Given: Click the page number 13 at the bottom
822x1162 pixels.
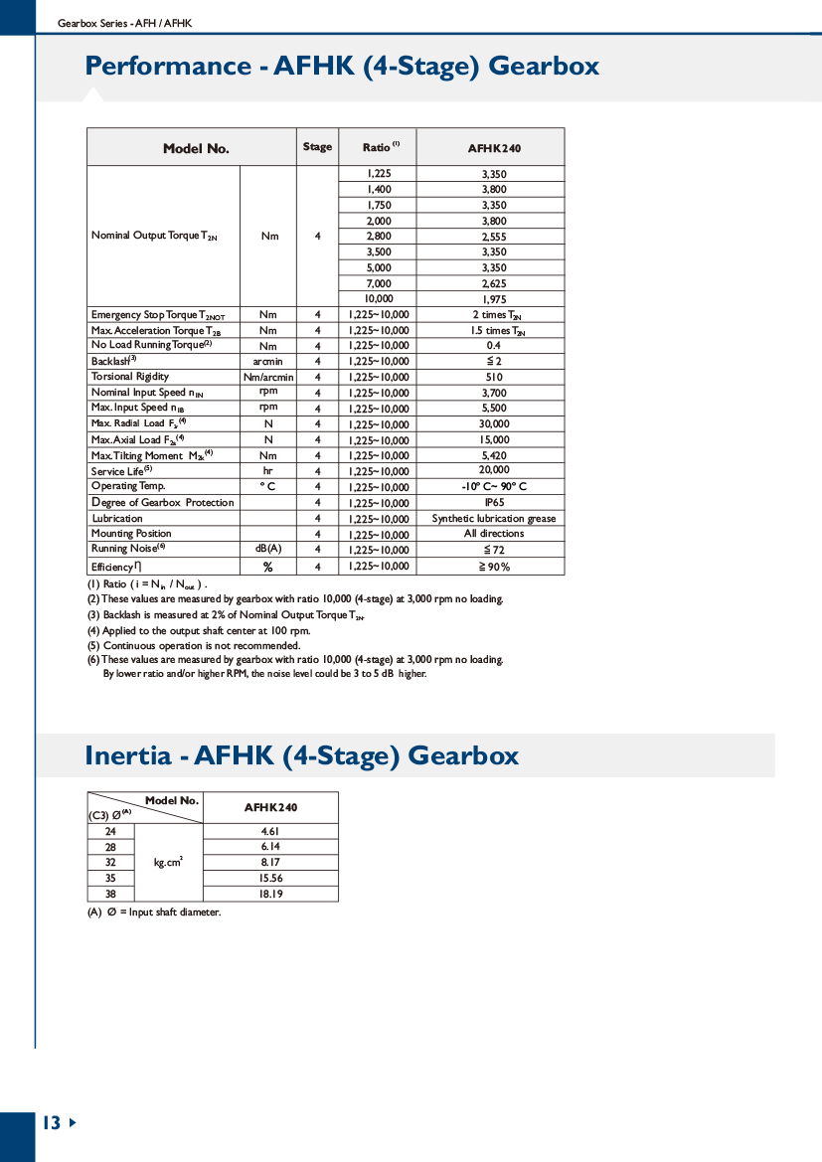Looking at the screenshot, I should coord(51,1123).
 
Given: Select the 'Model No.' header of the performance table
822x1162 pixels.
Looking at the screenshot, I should coord(196,148).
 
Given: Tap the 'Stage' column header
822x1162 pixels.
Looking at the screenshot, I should coord(317,147).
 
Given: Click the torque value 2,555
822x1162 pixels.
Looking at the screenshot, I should coord(494,237).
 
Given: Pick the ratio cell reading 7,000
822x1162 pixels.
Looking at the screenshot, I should coord(379,283).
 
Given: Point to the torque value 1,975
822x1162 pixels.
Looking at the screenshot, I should coord(494,299).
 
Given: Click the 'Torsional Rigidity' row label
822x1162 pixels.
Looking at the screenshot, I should coord(130,377).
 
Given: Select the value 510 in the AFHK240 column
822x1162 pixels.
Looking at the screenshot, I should coord(494,377).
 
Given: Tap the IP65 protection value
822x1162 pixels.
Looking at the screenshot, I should coord(494,502).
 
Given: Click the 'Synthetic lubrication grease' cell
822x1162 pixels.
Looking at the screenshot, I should coord(494,518).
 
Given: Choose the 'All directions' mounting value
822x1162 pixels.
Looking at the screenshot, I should coord(494,534).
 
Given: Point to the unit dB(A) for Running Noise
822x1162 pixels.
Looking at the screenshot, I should coord(268,549).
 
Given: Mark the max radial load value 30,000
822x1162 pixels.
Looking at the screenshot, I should coord(494,423).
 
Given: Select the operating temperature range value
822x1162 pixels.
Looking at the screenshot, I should coord(494,486).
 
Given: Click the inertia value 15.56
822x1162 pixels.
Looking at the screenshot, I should coord(270,879).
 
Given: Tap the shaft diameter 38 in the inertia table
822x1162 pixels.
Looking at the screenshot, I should coord(110,894).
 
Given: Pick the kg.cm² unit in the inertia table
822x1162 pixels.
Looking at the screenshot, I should coord(168,863).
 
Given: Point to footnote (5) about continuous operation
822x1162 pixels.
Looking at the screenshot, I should coord(194,645).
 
